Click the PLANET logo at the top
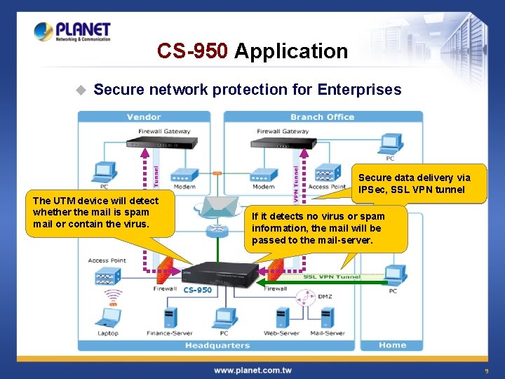72,32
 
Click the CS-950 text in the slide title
192,51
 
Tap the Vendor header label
144,117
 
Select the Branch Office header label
322,117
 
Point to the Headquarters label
217,345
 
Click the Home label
392,345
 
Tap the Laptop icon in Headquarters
107,317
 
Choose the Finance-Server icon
170,317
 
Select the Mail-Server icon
328,318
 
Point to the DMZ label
325,296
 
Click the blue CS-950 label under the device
197,290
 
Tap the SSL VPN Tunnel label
332,277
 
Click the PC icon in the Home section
395,275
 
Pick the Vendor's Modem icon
184,175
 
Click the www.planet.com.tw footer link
252,370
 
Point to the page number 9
486,371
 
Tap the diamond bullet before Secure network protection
81,90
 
